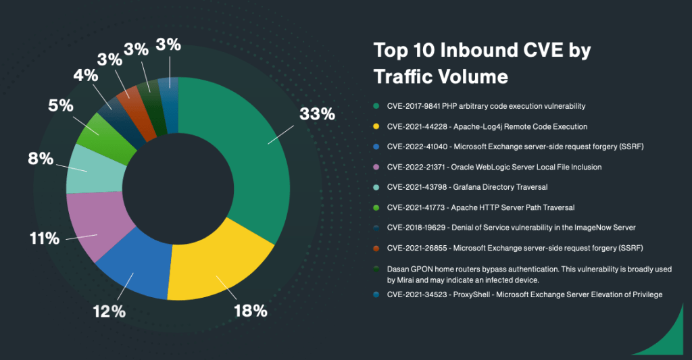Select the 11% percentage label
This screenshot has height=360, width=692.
(x=44, y=238)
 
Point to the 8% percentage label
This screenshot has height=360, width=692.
(x=40, y=159)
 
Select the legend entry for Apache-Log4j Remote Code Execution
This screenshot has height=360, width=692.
(x=486, y=126)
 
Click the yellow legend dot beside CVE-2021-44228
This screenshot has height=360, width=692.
(x=376, y=126)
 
